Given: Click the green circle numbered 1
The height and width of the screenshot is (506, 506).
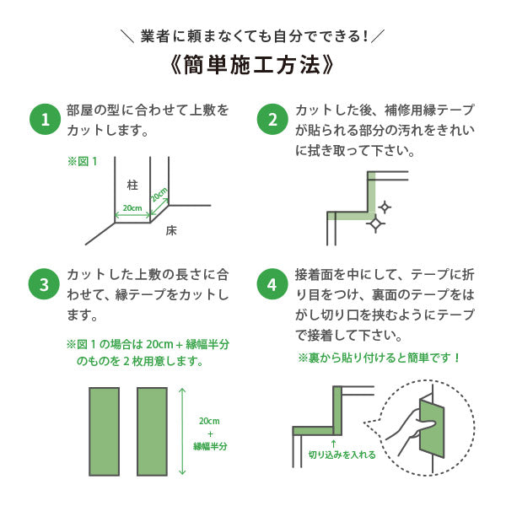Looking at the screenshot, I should point(45,120).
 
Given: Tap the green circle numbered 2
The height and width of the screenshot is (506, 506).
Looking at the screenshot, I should point(272,120).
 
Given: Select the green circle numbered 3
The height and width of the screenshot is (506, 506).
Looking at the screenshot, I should point(45,284).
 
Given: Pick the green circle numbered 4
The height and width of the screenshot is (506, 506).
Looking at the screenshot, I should point(272,284).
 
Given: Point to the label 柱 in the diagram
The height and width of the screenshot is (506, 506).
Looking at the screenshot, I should point(132,184).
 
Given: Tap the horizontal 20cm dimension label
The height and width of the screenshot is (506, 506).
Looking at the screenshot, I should point(132,207).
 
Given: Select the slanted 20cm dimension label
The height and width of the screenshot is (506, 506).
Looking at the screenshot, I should point(159,193).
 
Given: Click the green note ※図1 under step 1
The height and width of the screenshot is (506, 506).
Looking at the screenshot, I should point(83,160).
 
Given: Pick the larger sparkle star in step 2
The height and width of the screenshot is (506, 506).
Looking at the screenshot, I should point(375,223).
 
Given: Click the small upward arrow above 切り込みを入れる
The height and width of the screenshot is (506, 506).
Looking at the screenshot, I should point(334,442).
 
